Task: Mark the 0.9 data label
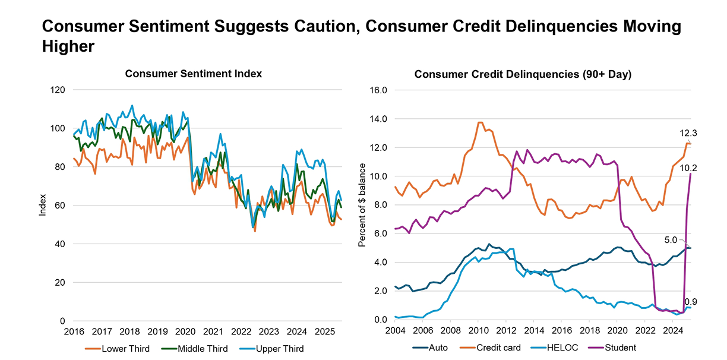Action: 691,302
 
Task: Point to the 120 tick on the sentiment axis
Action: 58,90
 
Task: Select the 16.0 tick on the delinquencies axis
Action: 378,90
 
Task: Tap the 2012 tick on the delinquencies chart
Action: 506,330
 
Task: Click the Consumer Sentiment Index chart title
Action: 193,74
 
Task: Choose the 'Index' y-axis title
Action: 42,205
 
